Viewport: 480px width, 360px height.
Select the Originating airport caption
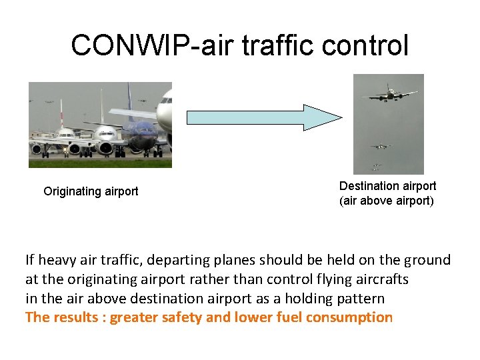click(x=91, y=191)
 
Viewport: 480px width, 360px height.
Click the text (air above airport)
click(x=387, y=201)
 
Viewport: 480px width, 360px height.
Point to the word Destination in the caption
click(x=365, y=186)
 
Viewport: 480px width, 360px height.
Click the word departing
click(x=174, y=260)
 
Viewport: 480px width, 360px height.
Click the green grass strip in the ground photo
click(x=100, y=162)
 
